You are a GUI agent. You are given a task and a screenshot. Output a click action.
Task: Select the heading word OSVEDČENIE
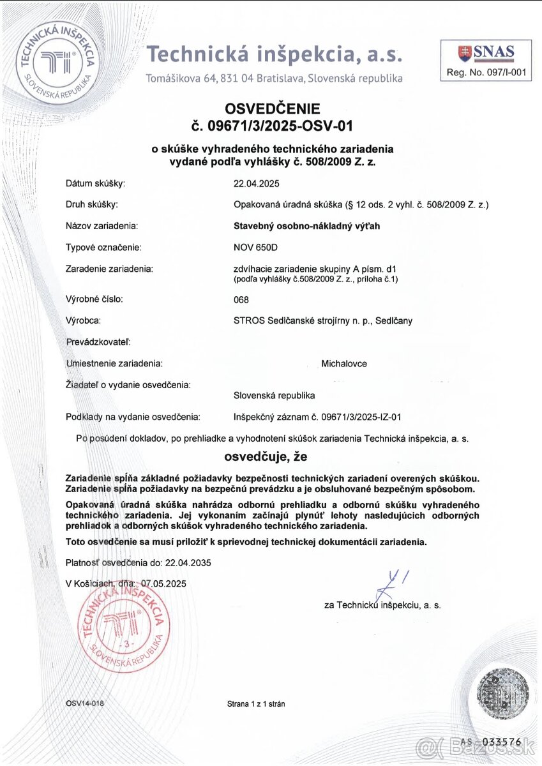(272, 109)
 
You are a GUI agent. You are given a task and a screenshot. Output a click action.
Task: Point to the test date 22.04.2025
(257, 184)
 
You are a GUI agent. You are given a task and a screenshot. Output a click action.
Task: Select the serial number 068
(241, 299)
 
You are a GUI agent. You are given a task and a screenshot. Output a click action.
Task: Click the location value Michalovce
(344, 364)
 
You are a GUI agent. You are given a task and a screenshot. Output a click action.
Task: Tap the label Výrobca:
(84, 320)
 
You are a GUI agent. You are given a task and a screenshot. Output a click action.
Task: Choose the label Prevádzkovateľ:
(98, 342)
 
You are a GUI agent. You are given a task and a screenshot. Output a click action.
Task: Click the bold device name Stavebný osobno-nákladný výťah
(306, 225)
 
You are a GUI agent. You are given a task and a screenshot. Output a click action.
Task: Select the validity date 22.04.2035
(188, 563)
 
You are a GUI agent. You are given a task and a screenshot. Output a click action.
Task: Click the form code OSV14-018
(84, 703)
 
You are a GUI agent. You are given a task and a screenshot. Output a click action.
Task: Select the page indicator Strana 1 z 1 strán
(255, 704)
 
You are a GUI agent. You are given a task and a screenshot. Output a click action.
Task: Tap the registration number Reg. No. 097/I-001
(486, 73)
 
